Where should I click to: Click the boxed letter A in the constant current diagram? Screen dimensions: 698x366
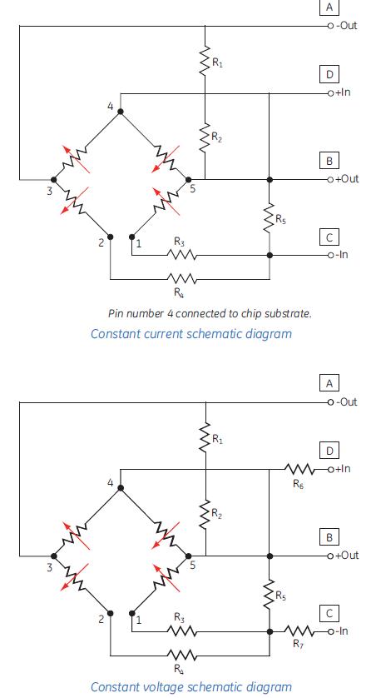point(330,7)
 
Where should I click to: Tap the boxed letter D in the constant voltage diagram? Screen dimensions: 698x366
point(330,451)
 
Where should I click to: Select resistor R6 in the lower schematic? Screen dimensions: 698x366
point(298,468)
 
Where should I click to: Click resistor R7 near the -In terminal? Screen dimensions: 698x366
point(298,631)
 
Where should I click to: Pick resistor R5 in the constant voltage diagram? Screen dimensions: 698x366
point(269,594)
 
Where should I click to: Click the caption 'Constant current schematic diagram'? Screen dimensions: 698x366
point(190,334)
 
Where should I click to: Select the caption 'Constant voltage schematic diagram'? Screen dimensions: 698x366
point(190,686)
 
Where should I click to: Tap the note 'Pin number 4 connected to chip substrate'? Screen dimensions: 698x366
point(210,314)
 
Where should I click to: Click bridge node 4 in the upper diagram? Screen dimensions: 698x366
point(121,111)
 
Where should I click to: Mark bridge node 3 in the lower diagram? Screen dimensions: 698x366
point(54,554)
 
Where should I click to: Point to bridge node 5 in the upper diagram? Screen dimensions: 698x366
point(189,178)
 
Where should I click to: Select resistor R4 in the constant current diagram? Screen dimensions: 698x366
point(181,279)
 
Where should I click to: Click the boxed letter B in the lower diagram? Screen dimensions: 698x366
point(330,537)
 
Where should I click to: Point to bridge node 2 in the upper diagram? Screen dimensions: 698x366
point(110,237)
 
